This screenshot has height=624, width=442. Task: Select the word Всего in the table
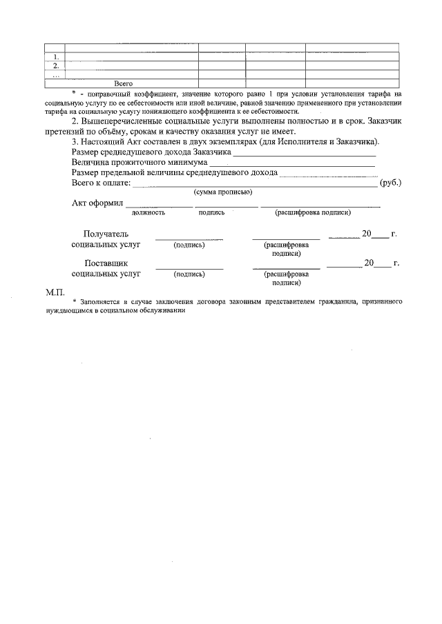click(123, 83)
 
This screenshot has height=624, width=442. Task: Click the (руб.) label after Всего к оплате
click(391, 183)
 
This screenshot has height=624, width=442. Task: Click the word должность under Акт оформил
click(148, 212)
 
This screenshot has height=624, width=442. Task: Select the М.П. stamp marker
click(55, 292)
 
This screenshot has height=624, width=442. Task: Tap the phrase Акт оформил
click(97, 203)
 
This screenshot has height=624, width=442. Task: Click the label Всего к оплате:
click(101, 183)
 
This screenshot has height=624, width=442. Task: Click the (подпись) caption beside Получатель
click(189, 244)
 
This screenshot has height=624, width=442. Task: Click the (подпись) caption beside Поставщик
click(189, 273)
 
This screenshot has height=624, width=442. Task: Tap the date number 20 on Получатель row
click(367, 234)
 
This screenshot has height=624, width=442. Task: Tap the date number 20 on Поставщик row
click(369, 263)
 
